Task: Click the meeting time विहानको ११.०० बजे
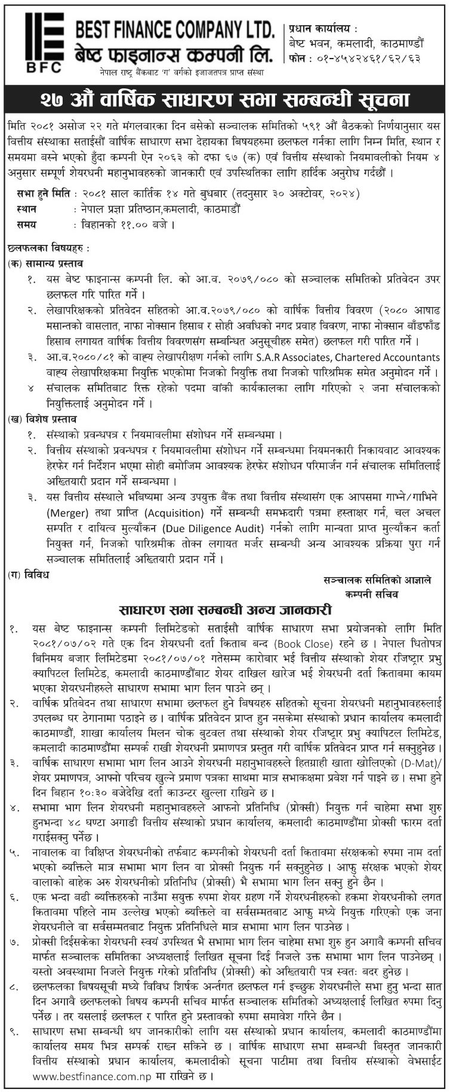tap(126, 225)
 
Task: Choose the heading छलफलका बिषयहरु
tap(45, 247)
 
